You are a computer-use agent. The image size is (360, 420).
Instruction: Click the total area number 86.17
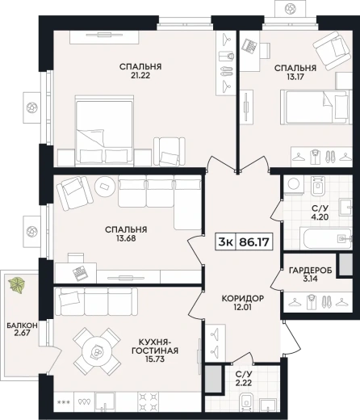point(254,241)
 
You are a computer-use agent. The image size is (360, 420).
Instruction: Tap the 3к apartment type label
point(225,241)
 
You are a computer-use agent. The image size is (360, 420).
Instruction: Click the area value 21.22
point(140,76)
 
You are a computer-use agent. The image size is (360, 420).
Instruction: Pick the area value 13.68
point(126,238)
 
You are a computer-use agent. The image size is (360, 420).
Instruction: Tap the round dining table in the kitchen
point(97,351)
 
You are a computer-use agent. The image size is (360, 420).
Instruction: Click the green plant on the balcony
point(17,284)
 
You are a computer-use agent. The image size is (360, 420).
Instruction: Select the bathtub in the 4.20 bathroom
point(325,238)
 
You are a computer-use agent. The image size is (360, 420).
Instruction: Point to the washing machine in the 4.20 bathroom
point(293,185)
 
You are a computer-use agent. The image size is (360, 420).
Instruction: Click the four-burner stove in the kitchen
point(148,401)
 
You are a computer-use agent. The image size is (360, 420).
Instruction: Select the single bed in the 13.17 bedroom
point(316,107)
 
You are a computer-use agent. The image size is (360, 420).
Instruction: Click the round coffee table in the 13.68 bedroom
point(105,187)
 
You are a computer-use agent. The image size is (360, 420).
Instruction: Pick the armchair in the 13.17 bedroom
point(332,50)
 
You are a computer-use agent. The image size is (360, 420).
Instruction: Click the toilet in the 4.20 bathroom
point(318,185)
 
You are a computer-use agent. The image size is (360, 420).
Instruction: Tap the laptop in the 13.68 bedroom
point(81,273)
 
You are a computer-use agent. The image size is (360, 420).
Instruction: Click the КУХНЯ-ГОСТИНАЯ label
point(154,346)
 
